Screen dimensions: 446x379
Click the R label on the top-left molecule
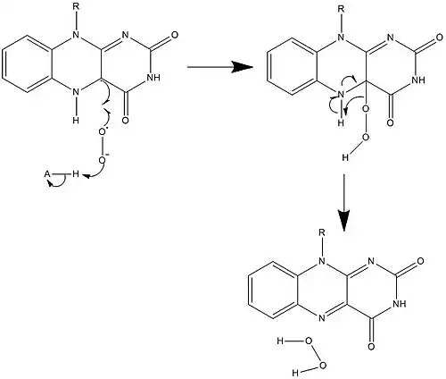[76, 7]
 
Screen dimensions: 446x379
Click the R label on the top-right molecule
[341, 9]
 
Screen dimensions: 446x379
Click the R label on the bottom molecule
[321, 232]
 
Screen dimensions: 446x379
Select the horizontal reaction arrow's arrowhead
[243, 67]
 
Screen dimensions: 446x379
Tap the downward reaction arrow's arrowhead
[343, 220]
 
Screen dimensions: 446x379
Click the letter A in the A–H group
[47, 174]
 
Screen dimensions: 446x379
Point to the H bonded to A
[76, 174]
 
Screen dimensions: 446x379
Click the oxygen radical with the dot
[103, 131]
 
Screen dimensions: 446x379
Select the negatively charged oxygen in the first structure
[103, 160]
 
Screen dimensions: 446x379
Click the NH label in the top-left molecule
[153, 78]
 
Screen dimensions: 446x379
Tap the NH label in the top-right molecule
[418, 80]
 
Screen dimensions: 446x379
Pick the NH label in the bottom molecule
[399, 304]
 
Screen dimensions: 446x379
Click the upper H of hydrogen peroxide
[280, 341]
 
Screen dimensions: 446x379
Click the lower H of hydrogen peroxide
[295, 373]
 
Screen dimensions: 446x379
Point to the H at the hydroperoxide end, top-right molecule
[345, 158]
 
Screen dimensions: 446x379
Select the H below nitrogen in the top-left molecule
[76, 121]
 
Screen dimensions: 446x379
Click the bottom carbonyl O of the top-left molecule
[126, 121]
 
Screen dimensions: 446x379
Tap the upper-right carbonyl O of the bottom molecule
[420, 261]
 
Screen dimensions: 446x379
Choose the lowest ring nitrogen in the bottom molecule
[321, 318]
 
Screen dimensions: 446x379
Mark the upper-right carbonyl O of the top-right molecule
[440, 38]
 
